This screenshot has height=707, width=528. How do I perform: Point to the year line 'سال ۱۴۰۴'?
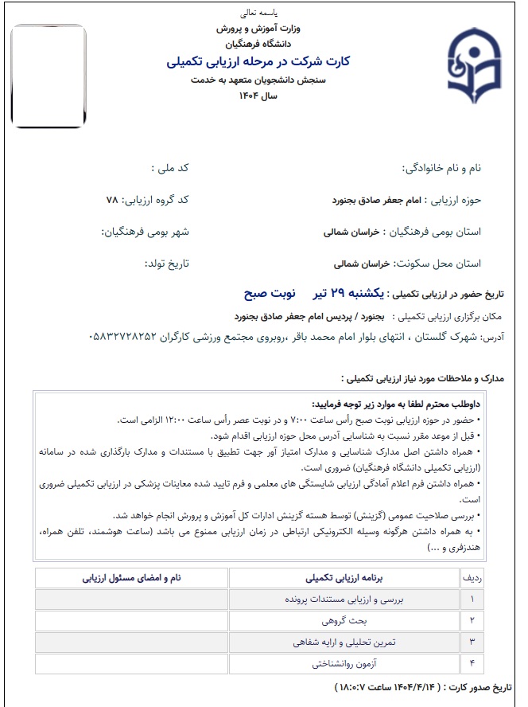[x=258, y=96]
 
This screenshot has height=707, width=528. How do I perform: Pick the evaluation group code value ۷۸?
[x=112, y=200]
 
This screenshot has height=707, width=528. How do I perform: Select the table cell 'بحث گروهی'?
[x=344, y=619]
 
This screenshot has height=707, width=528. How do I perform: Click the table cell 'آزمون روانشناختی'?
[x=344, y=662]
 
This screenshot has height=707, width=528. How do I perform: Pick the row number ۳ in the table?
[x=472, y=641]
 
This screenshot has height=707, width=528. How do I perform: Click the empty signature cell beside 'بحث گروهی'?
[x=131, y=619]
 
